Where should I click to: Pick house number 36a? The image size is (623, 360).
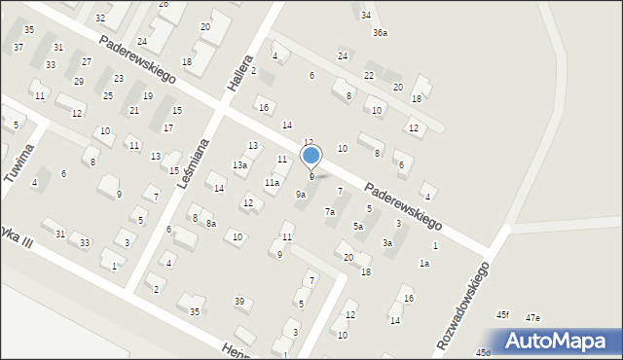[380, 33]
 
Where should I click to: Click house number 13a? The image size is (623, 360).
[238, 165]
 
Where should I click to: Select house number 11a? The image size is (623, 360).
[273, 182]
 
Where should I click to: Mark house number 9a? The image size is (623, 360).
[302, 195]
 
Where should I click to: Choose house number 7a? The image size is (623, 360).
[330, 212]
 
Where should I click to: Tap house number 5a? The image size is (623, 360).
[358, 227]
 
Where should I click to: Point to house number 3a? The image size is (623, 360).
[387, 243]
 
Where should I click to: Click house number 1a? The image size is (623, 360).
[424, 264]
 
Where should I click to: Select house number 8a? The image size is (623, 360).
[210, 223]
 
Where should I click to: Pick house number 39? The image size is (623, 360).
[238, 302]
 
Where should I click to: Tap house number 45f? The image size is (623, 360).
[502, 315]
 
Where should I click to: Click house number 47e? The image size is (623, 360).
[532, 318]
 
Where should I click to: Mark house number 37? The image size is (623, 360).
[18, 48]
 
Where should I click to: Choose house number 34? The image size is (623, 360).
[365, 16]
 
